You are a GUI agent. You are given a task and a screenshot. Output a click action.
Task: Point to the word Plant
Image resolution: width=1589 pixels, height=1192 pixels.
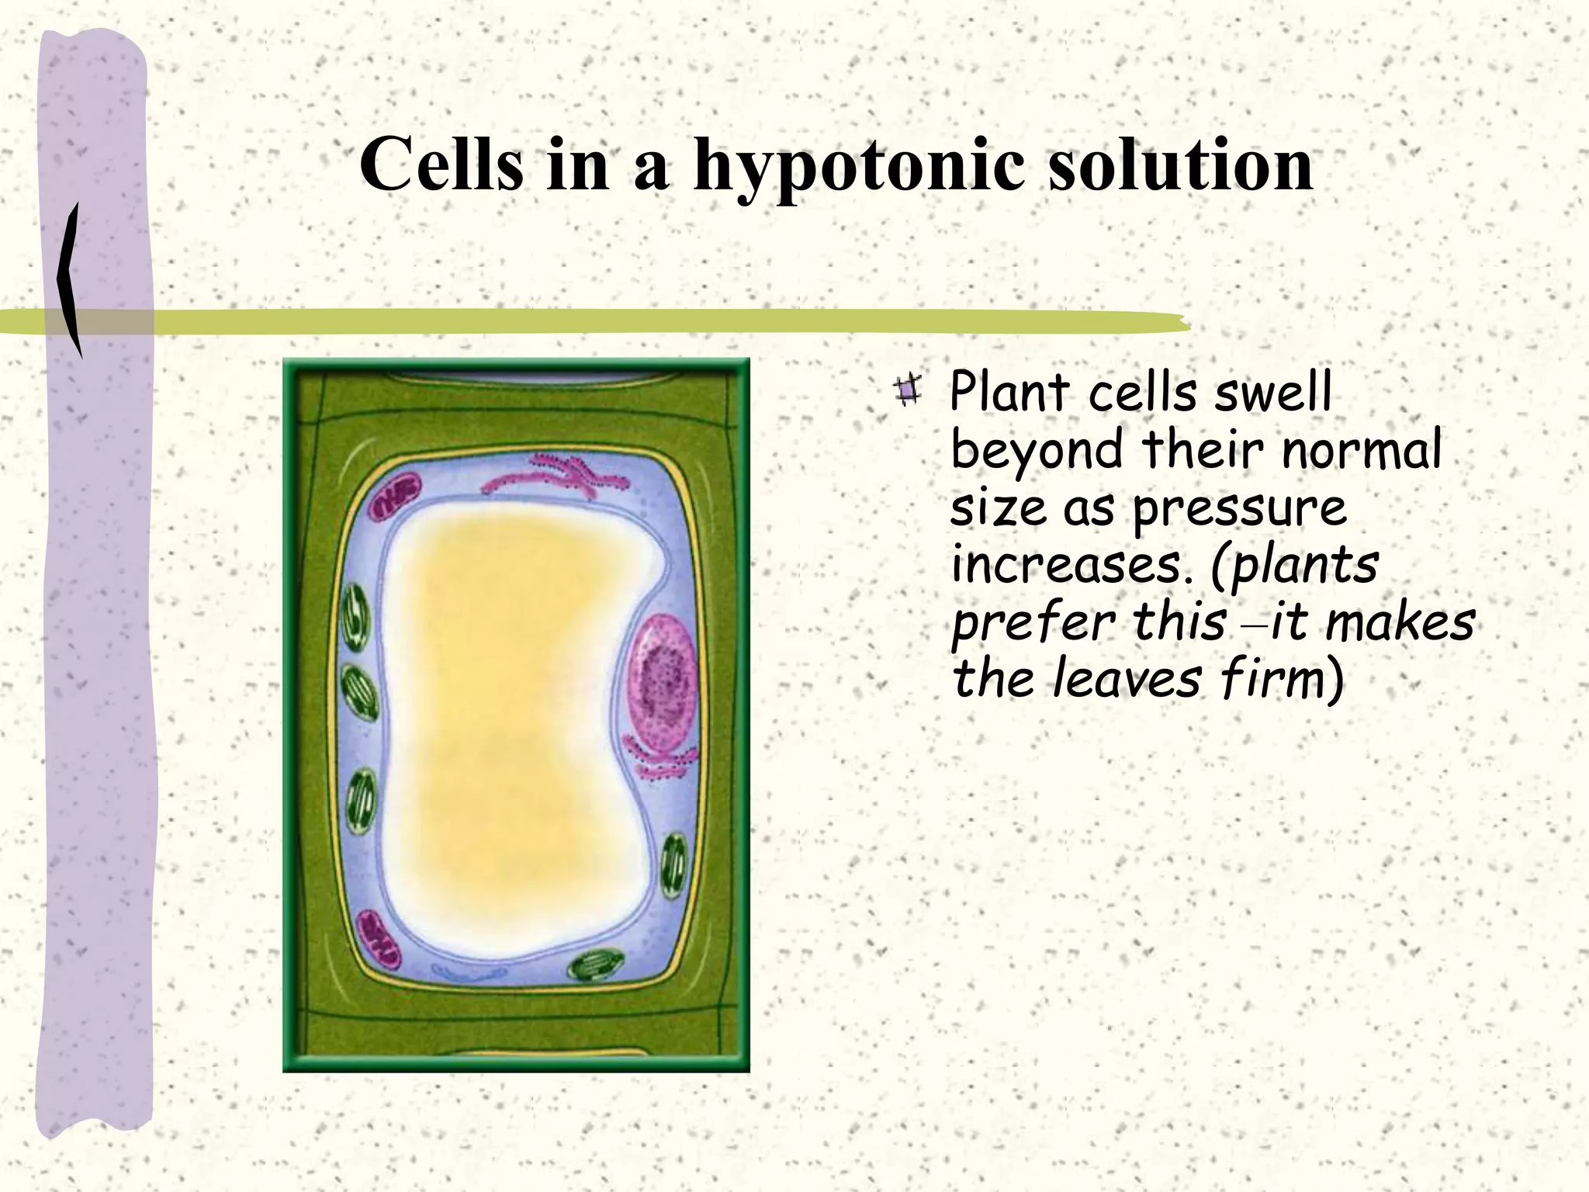1009,392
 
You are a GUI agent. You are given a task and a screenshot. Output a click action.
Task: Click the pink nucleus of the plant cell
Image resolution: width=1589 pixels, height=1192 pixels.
663,677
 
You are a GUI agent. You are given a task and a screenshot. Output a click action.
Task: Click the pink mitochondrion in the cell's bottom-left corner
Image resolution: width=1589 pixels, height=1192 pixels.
379,940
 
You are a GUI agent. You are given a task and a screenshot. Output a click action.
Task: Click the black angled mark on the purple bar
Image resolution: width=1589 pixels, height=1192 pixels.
70,279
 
